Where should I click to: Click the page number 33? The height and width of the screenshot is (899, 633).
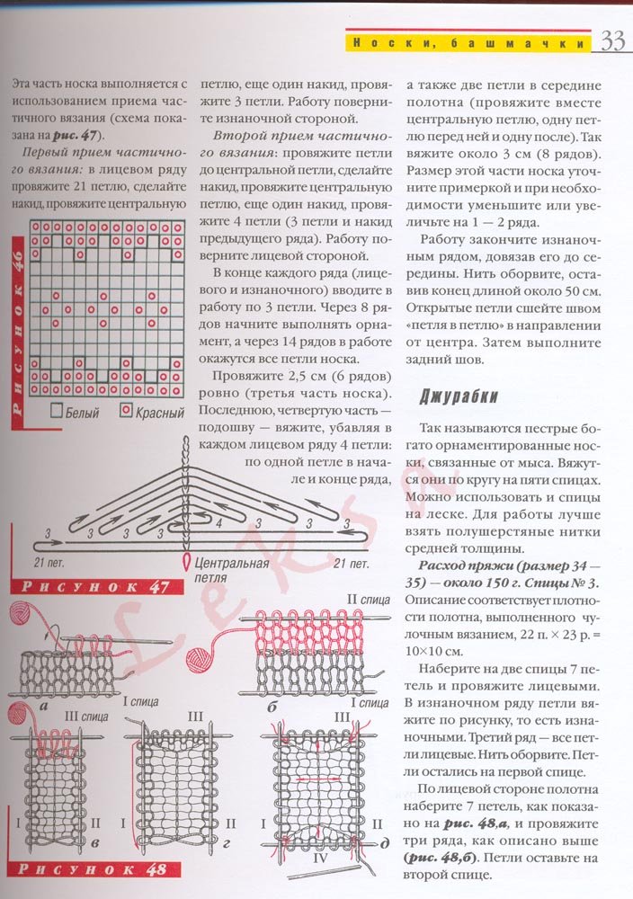tap(612, 41)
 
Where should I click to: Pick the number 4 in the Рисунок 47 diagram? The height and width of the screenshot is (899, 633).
tap(209, 521)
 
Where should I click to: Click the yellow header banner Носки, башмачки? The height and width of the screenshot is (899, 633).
tap(468, 42)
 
